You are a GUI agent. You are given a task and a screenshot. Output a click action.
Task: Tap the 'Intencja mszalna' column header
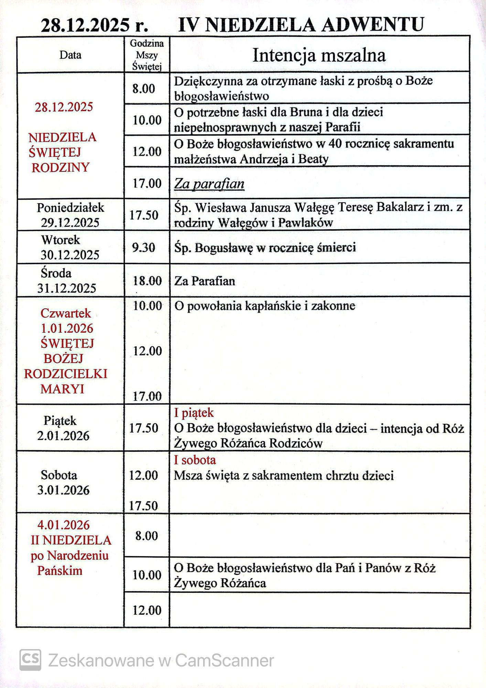click(x=319, y=55)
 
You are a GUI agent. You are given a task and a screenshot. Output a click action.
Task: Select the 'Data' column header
click(x=70, y=55)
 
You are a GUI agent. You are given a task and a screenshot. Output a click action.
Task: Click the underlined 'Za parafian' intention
click(x=209, y=184)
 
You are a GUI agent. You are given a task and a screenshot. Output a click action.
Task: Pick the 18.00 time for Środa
click(x=147, y=281)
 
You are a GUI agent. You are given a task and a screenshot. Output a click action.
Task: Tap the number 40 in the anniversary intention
click(x=335, y=143)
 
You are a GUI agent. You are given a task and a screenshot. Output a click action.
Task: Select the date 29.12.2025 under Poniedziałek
click(x=70, y=223)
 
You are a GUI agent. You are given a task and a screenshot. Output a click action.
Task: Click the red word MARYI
click(x=62, y=389)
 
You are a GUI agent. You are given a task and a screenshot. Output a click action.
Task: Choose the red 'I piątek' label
click(x=194, y=412)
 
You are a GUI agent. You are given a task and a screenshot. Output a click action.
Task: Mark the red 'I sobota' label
click(x=195, y=460)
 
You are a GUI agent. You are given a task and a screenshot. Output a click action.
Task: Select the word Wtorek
click(x=61, y=240)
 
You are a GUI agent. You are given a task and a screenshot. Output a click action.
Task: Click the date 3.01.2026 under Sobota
click(x=63, y=490)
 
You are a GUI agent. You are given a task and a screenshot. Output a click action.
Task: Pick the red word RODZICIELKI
click(x=65, y=374)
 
